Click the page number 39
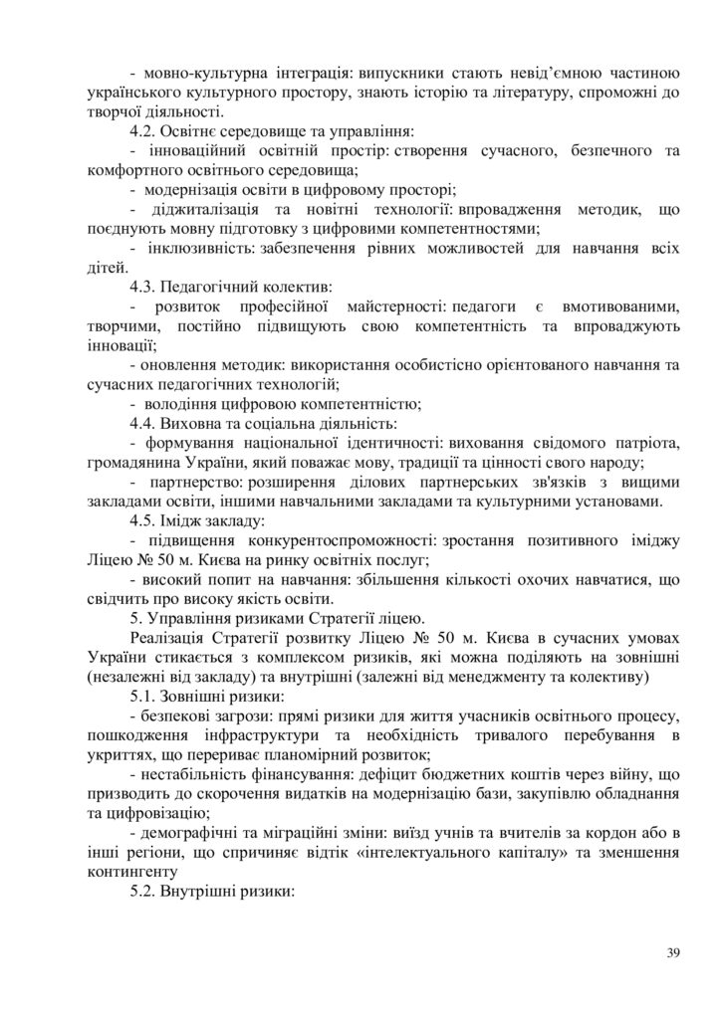674,953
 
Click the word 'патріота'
641,442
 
